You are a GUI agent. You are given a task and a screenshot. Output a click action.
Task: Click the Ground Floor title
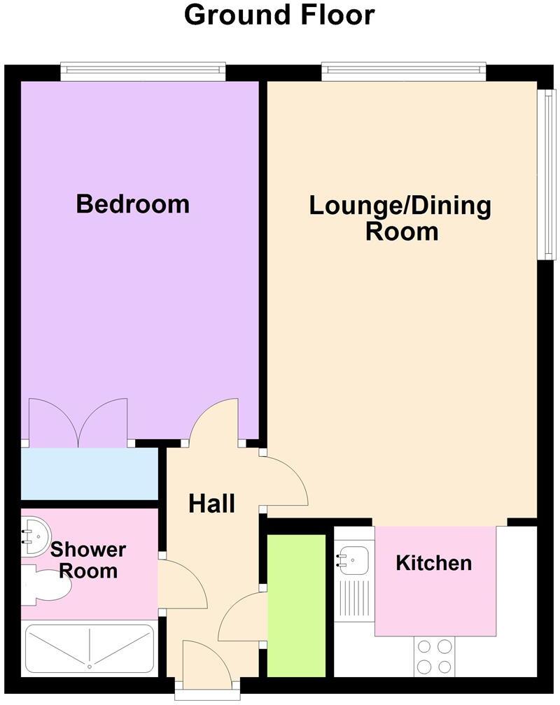coord(279,15)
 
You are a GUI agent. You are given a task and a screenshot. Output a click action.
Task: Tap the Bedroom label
coord(133,204)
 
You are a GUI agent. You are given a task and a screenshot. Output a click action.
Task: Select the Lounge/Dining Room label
coord(400,218)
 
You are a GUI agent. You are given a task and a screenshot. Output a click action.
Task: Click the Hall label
coord(211,504)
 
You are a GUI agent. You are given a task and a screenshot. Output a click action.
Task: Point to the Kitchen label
coord(433,562)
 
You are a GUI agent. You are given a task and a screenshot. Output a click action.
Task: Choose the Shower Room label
coord(88,560)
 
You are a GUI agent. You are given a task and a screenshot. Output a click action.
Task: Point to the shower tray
coord(90,648)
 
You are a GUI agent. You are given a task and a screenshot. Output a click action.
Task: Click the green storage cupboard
coord(297,605)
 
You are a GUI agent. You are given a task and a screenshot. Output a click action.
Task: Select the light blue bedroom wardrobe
coord(89,474)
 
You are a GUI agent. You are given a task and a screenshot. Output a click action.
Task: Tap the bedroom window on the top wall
coord(143,69)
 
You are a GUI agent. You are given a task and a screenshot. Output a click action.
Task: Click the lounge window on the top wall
coord(403,69)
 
